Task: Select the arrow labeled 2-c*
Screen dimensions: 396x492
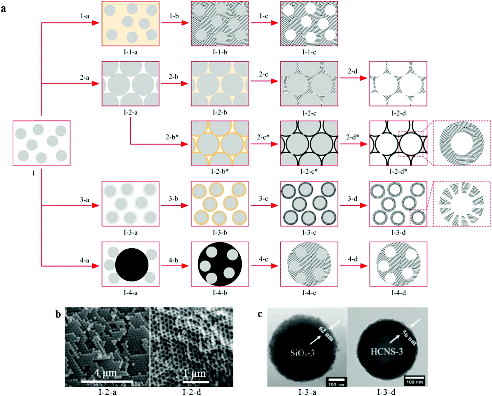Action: pos(264,144)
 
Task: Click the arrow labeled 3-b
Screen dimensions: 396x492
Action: pos(175,205)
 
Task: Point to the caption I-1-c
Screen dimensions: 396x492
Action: pos(309,52)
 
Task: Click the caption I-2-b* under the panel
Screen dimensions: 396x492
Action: pos(220,171)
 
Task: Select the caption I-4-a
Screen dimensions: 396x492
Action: pos(131,293)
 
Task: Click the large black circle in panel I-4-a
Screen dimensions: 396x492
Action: pos(132,265)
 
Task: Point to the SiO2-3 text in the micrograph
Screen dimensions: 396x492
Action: pos(302,353)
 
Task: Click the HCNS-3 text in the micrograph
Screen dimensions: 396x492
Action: pos(387,351)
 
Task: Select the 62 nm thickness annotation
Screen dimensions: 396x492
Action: pos(326,334)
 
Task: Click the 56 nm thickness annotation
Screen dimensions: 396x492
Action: pos(409,338)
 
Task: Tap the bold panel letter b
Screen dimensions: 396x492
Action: pos(58,314)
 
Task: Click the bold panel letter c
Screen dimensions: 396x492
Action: pos(260,314)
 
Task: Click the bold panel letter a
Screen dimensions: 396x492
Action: pos(3,9)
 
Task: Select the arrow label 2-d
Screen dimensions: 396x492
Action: pos(352,71)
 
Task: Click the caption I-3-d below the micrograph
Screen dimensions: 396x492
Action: pos(386,392)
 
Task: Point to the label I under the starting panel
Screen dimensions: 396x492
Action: pos(34,173)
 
